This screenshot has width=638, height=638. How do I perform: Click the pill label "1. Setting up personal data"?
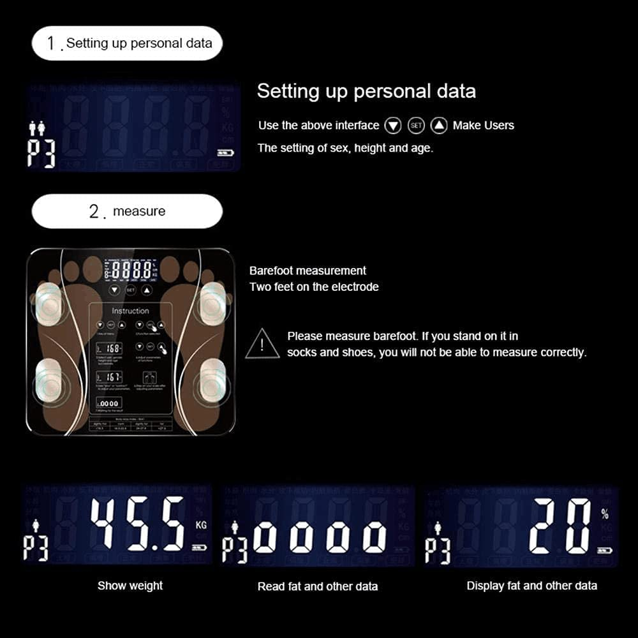click(x=127, y=43)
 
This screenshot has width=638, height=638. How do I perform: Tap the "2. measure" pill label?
click(x=127, y=211)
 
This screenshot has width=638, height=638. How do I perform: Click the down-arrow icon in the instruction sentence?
click(x=394, y=126)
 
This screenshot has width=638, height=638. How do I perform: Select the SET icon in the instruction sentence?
click(x=416, y=126)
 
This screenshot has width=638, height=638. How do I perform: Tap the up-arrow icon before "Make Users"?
click(x=439, y=126)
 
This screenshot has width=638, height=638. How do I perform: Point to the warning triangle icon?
click(x=262, y=344)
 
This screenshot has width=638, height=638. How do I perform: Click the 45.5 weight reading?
click(x=138, y=524)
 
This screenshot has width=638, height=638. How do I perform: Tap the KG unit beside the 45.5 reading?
click(x=202, y=526)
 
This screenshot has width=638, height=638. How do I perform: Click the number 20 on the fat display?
click(x=560, y=526)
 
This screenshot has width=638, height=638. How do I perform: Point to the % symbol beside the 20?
click(x=604, y=515)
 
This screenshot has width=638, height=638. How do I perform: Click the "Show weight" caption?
click(x=130, y=586)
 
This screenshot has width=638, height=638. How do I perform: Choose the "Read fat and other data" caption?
click(x=318, y=586)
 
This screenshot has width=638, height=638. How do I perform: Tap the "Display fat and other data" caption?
click(x=532, y=586)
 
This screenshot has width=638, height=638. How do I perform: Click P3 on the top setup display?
click(x=42, y=153)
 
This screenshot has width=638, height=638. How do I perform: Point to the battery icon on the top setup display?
click(x=224, y=152)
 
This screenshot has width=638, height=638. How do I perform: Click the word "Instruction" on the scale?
click(x=130, y=311)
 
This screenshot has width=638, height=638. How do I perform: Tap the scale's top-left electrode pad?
click(x=49, y=302)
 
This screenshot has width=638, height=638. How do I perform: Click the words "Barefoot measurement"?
click(x=308, y=271)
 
